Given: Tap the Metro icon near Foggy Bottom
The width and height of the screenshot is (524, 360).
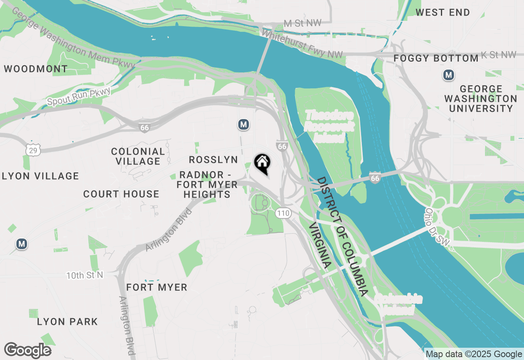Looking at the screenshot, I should pyautogui.click(x=449, y=75).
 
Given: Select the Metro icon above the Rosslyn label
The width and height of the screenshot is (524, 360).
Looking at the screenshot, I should pyautogui.click(x=244, y=124).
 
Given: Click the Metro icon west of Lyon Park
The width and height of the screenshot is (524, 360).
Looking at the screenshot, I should pyautogui.click(x=22, y=244).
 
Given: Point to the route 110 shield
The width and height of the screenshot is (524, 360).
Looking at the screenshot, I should pyautogui.click(x=283, y=213).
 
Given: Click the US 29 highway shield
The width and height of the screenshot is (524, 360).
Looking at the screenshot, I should pyautogui.click(x=33, y=150).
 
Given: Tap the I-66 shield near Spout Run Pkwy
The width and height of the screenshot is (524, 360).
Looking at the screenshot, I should pyautogui.click(x=144, y=127).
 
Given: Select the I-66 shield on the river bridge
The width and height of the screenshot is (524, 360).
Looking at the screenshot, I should pyautogui.click(x=375, y=178).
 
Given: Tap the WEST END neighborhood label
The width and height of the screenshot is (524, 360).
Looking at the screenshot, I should pyautogui.click(x=443, y=13).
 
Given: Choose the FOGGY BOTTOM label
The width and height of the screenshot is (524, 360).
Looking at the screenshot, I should pyautogui.click(x=436, y=59).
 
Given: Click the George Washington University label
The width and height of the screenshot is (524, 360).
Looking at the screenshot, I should pyautogui.click(x=481, y=99).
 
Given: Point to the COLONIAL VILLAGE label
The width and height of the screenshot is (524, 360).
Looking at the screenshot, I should pyautogui.click(x=138, y=156).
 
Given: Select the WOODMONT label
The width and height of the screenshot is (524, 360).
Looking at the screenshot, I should pyautogui.click(x=36, y=69).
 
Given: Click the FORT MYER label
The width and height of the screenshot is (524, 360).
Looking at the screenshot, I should pyautogui.click(x=157, y=288).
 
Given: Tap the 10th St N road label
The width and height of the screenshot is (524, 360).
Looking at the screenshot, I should pyautogui.click(x=85, y=275).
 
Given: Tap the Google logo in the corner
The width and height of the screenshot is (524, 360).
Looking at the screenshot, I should pyautogui.click(x=28, y=350).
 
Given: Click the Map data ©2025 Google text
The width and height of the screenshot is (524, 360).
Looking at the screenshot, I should pyautogui.click(x=474, y=354).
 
